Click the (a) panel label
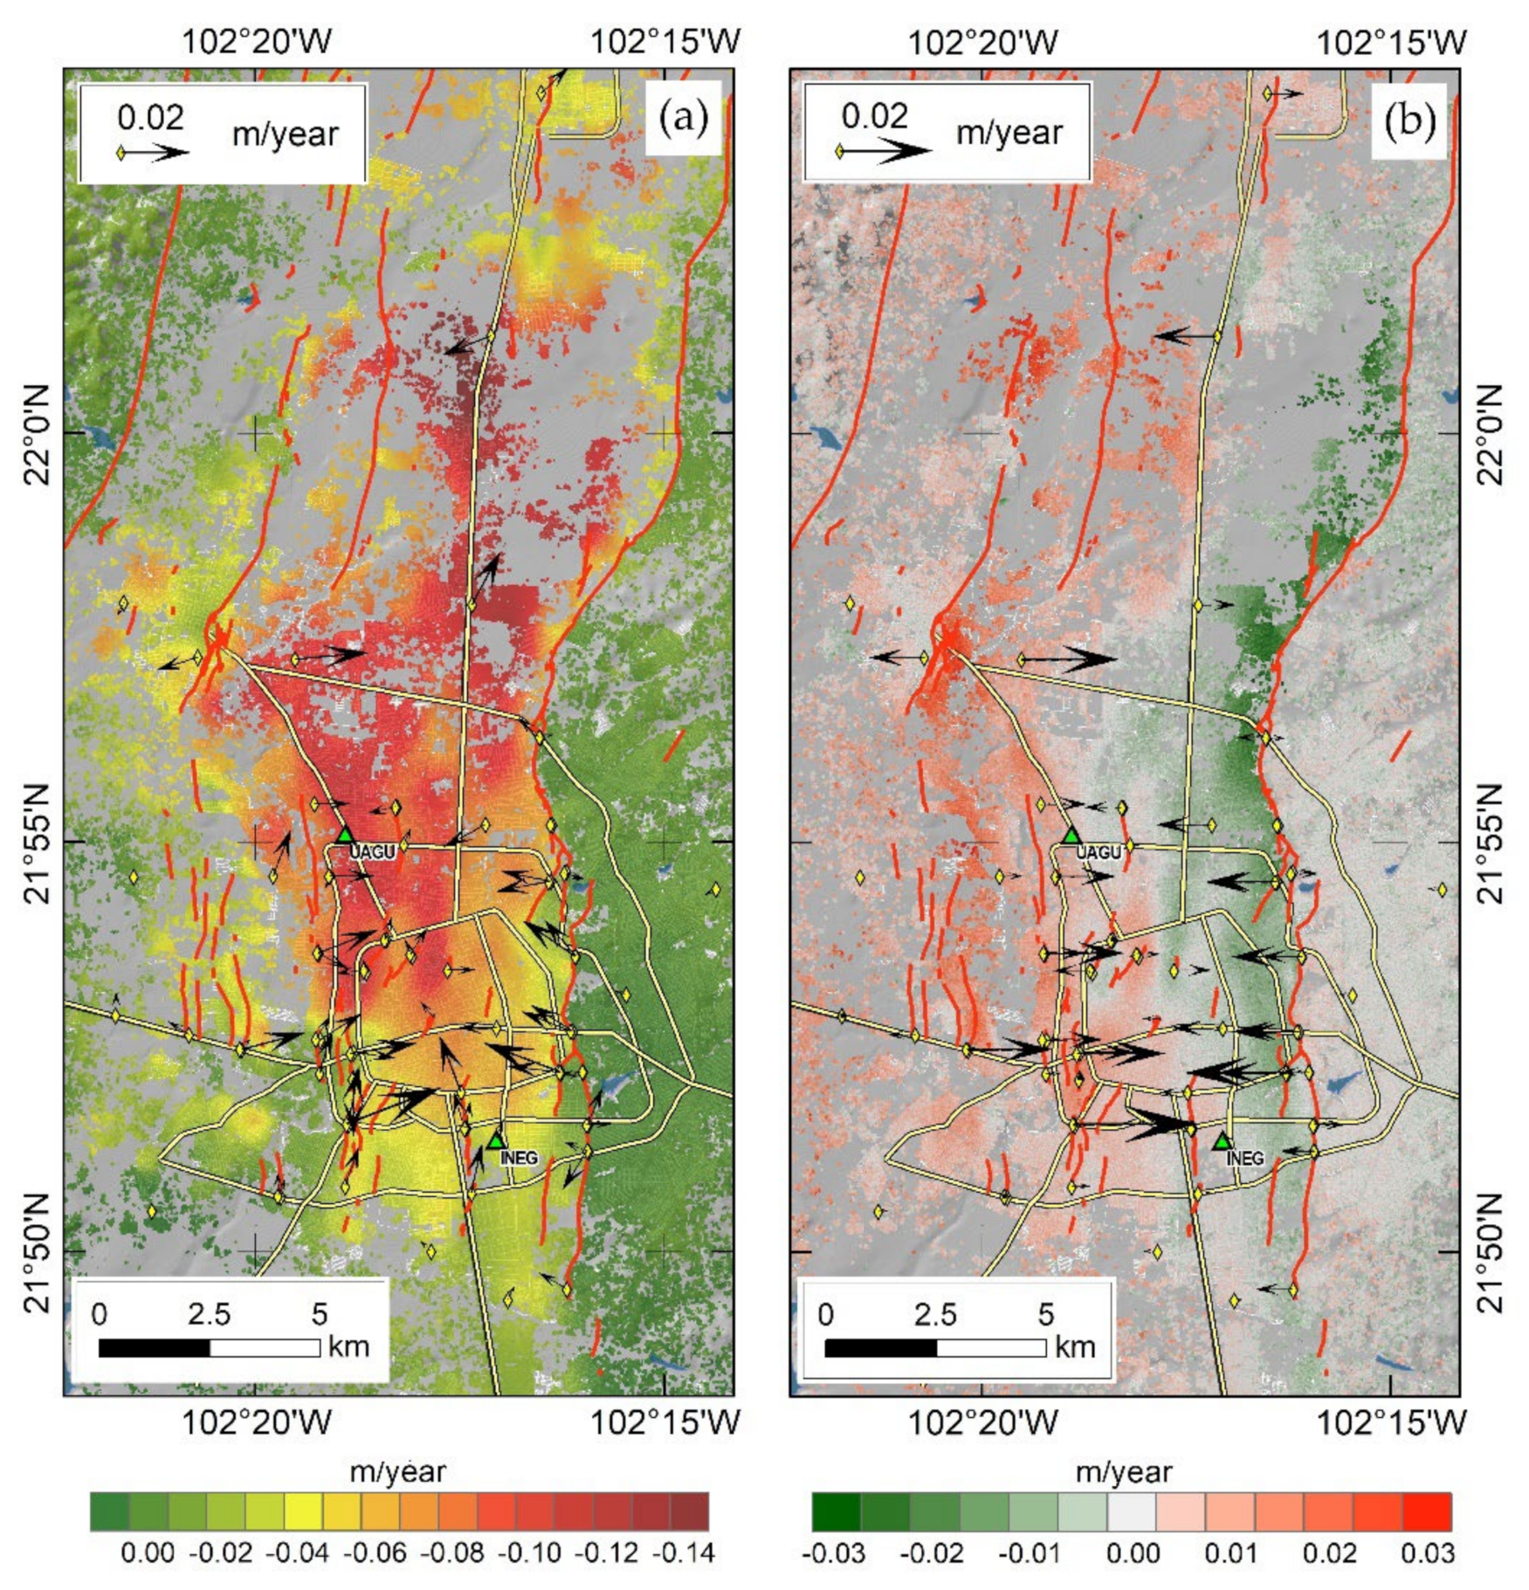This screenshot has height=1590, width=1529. coord(683,118)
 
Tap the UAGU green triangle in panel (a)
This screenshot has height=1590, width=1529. coord(346,835)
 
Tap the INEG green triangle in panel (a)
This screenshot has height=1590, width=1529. coord(496,1140)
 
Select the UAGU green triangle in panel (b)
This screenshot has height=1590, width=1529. coord(1071,836)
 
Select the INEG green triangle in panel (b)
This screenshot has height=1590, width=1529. coord(1223,1140)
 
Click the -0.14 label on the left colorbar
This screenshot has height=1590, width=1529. coord(689,1553)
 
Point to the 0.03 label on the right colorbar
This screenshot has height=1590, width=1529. coord(1428,1553)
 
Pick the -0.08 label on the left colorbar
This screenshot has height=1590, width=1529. coord(452,1553)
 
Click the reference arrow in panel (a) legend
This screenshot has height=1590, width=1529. coord(155,153)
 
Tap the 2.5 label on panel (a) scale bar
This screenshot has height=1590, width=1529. coord(209,1314)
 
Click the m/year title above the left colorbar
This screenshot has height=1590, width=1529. coord(397,1472)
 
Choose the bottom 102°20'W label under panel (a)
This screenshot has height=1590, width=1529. coord(256,1422)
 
